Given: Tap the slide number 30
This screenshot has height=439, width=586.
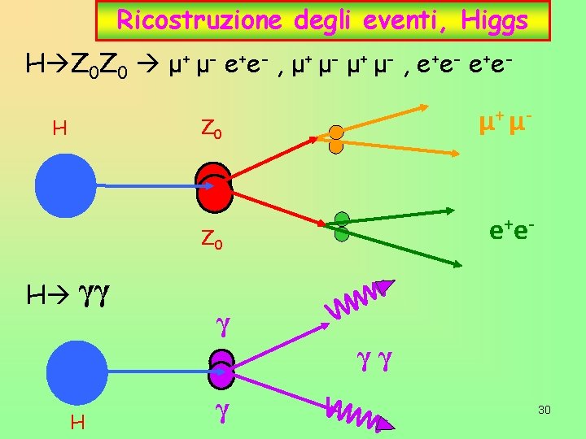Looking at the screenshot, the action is [544, 410].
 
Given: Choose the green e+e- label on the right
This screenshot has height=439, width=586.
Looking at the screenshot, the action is [511, 232].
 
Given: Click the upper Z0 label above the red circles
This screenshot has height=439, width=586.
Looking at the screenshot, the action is [212, 128].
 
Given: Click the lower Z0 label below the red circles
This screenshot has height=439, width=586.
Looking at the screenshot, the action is [212, 240].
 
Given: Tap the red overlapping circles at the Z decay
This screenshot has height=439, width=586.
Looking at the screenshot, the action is [214, 185].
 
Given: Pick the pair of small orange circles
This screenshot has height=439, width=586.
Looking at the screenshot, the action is [335, 139].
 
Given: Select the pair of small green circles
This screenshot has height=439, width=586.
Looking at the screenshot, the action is [342, 225].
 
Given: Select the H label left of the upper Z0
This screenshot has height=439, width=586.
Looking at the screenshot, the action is [59, 128].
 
